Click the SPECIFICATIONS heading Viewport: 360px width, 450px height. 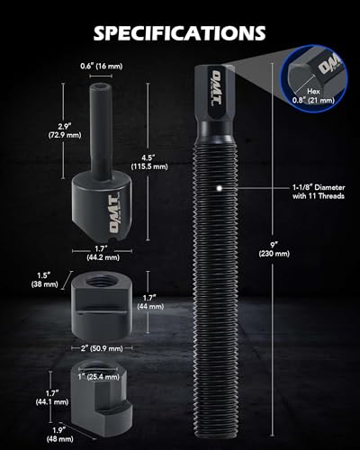179,32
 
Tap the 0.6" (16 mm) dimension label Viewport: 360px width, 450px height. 102,66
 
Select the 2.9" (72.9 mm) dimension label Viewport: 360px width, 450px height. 65,130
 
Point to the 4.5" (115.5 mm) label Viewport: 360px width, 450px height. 149,162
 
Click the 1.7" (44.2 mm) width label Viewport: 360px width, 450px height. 103,253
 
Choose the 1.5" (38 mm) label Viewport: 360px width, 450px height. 44,280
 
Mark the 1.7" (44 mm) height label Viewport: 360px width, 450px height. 150,302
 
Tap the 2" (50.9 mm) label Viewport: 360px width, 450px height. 102,348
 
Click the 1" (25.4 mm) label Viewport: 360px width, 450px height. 99,376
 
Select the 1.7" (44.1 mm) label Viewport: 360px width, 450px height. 52,398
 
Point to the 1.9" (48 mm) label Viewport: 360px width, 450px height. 59,435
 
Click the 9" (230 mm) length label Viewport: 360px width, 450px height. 274,249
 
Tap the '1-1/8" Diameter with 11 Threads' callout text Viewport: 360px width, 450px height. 319,192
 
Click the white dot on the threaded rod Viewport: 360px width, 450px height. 220,188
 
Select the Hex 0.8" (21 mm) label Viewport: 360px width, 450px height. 313,96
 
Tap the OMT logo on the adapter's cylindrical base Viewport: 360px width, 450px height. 113,213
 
